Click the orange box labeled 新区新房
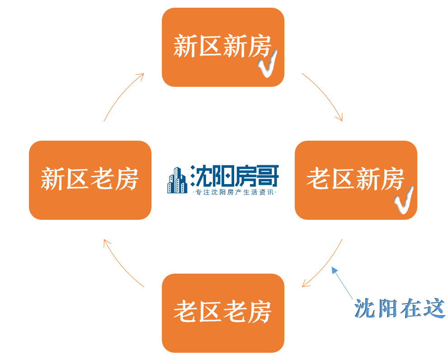click(x=222, y=47)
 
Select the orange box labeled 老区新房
click(x=355, y=180)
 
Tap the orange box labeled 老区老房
click(x=222, y=313)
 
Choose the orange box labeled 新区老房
click(x=90, y=180)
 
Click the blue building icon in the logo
click(x=177, y=180)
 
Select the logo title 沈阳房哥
click(x=234, y=175)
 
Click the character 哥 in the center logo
click(x=268, y=175)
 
